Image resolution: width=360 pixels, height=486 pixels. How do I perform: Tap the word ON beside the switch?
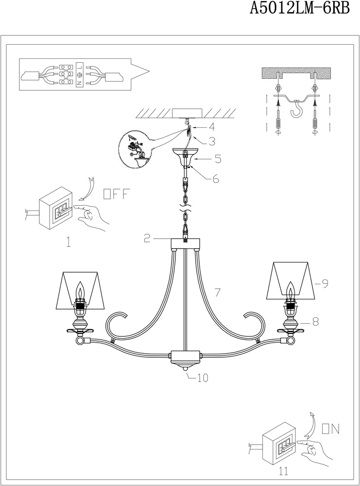pos(330,428)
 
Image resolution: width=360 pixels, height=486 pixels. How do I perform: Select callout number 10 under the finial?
pos(202,377)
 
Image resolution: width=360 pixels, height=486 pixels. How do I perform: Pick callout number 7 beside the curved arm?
pos(217,293)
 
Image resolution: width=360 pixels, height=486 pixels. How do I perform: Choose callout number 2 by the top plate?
pos(146,238)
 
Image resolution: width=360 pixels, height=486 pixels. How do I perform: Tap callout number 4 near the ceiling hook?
pos(211,127)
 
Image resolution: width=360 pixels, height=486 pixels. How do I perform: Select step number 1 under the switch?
pos(69,242)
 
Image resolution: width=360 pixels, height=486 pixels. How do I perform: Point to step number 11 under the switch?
pos(283,470)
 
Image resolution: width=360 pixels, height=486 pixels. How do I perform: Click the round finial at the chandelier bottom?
pos(185,370)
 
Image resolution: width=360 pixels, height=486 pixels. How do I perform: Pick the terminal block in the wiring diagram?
pos(71,75)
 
